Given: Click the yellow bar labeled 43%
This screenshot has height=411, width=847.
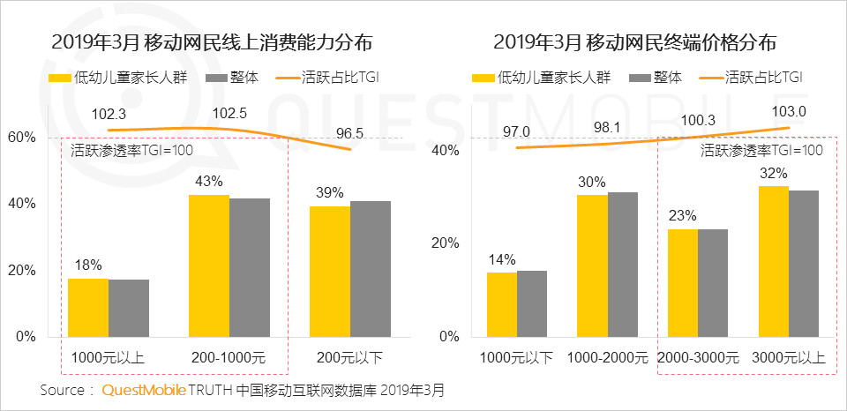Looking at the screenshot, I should click(209, 265).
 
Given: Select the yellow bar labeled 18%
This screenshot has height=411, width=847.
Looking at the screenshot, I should click(88, 307).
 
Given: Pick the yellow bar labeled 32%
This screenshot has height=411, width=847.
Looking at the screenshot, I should click(774, 261).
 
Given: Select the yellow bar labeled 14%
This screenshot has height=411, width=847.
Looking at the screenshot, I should click(502, 304).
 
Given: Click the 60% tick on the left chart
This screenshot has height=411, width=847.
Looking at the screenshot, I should click(21, 138).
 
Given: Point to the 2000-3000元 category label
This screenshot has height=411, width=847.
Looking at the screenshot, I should click(698, 359).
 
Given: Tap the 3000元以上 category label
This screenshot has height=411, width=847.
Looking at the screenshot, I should click(789, 359).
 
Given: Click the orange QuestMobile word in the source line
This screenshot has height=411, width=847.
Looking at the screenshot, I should click(142, 389).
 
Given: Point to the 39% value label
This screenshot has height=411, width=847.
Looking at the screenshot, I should click(330, 192).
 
